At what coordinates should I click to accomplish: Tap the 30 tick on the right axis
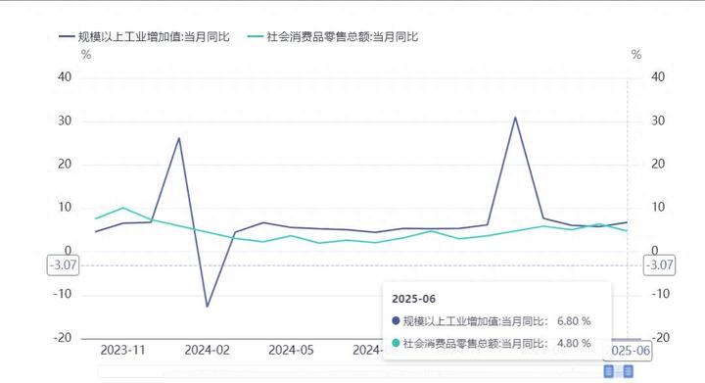pyautogui.click(x=658, y=120)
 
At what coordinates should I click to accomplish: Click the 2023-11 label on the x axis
pyautogui.click(x=123, y=350)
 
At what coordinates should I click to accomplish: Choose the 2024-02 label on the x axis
pyautogui.click(x=208, y=350)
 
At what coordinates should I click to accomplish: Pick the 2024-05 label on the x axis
pyautogui.click(x=291, y=350)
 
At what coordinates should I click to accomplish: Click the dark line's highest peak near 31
pyautogui.click(x=515, y=118)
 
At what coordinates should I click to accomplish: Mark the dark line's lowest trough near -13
pyautogui.click(x=207, y=307)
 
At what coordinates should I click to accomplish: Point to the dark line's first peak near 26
pyautogui.click(x=179, y=137)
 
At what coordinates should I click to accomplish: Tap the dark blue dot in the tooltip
pyautogui.click(x=396, y=320)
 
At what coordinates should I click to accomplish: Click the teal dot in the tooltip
pyautogui.click(x=396, y=343)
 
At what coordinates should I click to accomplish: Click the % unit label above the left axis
pyautogui.click(x=86, y=55)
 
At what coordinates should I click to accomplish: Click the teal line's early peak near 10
pyautogui.click(x=122, y=208)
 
